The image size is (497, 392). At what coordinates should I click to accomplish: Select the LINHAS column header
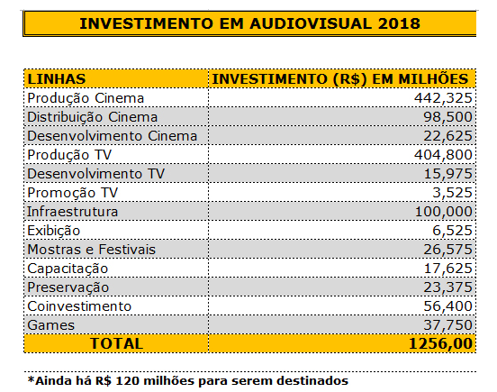(x=57, y=79)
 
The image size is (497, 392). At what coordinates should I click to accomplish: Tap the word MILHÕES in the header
(x=433, y=78)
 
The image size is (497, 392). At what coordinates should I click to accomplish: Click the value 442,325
(x=443, y=98)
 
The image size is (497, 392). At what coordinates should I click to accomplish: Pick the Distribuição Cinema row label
(x=92, y=117)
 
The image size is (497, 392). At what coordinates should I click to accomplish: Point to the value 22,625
(x=447, y=136)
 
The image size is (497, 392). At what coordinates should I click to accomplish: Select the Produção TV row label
(x=69, y=155)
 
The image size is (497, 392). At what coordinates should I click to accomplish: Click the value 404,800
(x=443, y=155)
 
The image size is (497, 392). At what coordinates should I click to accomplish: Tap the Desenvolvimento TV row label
(x=96, y=174)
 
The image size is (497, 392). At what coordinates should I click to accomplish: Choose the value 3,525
(x=452, y=193)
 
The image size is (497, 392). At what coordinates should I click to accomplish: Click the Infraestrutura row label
(x=73, y=212)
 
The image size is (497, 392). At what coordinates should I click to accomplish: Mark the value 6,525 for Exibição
(x=452, y=231)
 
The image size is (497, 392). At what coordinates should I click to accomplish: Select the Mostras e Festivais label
(x=92, y=250)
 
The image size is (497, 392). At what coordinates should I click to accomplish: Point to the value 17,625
(x=447, y=269)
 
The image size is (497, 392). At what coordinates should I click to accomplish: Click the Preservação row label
(x=68, y=287)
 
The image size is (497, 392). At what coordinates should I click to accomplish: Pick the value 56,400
(x=447, y=306)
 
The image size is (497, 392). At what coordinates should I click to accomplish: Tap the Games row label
(x=51, y=325)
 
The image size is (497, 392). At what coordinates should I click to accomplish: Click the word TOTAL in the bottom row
(x=116, y=344)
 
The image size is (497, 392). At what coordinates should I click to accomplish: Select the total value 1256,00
(x=440, y=344)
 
